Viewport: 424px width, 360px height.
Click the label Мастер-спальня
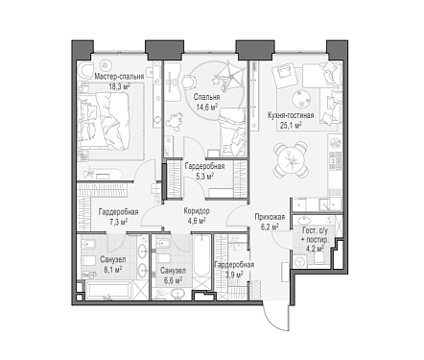point(119,77)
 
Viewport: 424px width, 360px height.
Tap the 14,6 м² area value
point(206,107)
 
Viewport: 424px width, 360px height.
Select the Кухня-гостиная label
point(291,115)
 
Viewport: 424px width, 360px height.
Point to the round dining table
point(291,160)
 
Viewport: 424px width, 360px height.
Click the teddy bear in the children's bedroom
point(174,121)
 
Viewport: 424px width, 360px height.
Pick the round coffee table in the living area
point(300,98)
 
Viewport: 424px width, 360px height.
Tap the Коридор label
point(197,211)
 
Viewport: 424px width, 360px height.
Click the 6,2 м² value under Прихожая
point(270,227)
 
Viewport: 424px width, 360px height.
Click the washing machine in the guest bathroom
point(300,262)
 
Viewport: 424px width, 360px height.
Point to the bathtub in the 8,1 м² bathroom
point(108,290)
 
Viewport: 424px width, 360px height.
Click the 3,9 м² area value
point(234,274)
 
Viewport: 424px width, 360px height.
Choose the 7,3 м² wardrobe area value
point(119,222)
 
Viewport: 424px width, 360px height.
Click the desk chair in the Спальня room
point(190,82)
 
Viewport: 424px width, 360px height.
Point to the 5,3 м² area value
point(204,176)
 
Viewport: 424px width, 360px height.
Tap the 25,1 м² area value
point(291,125)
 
